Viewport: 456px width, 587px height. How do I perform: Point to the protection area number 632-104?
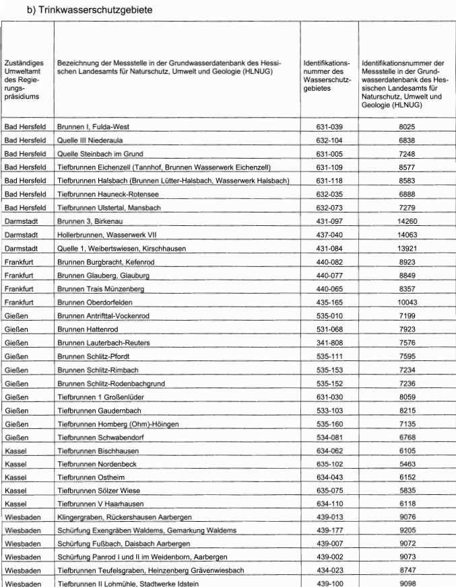(329, 141)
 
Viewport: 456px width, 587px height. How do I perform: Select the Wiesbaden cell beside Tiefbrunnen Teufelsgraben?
(24, 570)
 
